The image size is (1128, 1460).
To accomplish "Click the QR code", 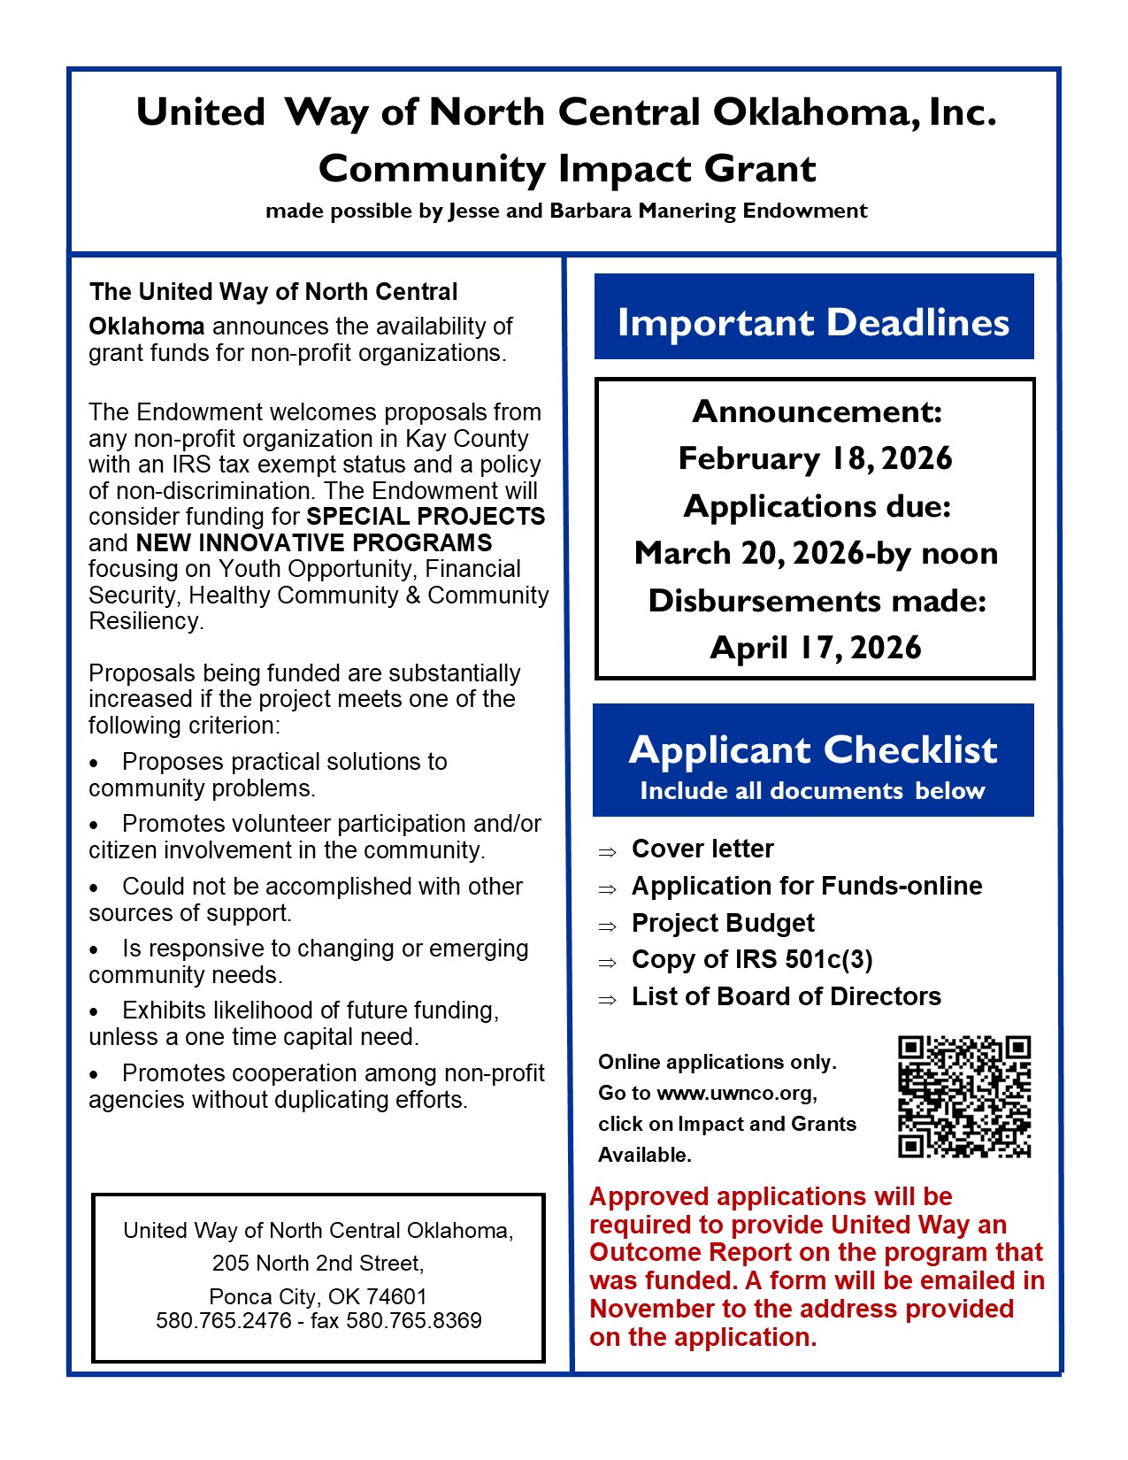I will (x=964, y=1096).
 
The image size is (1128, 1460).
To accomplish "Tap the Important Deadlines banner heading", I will (x=813, y=322).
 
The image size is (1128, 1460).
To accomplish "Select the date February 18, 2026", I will (x=815, y=458).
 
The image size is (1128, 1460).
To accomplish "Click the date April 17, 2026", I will (x=815, y=648).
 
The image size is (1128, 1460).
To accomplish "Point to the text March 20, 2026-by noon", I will (x=816, y=553).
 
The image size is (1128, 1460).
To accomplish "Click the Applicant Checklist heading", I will (x=813, y=749).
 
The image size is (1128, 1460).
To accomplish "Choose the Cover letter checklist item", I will (x=702, y=849).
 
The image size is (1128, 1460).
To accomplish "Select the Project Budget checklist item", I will (x=723, y=923).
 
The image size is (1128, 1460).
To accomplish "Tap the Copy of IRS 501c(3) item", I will (x=752, y=959).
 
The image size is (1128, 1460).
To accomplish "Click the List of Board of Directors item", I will (x=786, y=996).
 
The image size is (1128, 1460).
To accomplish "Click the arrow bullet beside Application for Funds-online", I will (x=607, y=888).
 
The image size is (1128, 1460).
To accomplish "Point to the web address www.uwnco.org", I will (x=735, y=1094).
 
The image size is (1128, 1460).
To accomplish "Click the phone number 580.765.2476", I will (x=224, y=1321).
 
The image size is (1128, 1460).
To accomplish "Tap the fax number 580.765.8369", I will (x=414, y=1321).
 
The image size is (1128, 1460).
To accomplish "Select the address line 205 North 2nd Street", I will (x=318, y=1263).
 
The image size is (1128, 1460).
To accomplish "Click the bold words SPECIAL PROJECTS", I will (x=426, y=517).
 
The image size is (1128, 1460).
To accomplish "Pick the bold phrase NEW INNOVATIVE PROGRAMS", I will (x=314, y=542).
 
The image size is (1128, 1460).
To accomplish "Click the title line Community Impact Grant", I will (x=567, y=168).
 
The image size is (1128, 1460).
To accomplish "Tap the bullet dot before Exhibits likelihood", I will (x=95, y=1012).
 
